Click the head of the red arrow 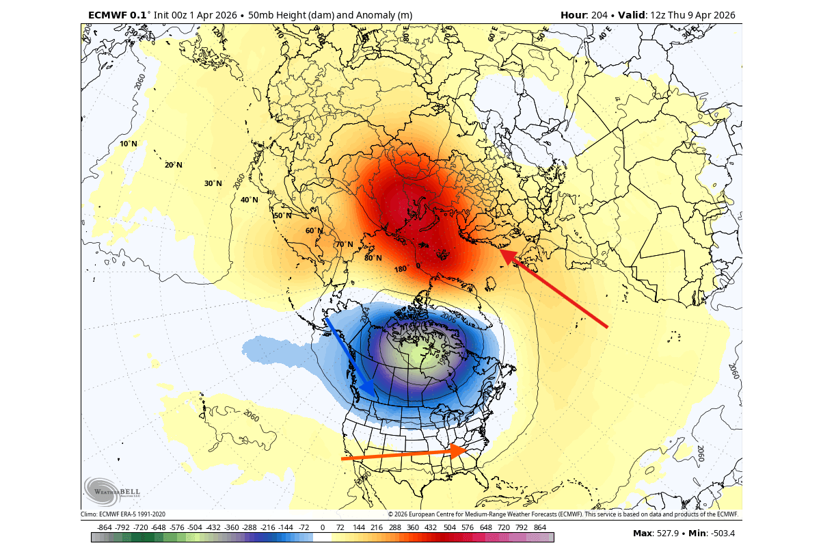tap(502, 252)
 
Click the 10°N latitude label tap(128, 144)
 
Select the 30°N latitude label tap(213, 183)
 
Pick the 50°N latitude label tap(282, 215)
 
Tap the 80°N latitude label tap(373, 258)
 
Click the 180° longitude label tap(401, 269)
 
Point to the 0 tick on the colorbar tap(322, 528)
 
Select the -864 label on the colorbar tap(105, 528)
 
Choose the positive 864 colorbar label tap(539, 528)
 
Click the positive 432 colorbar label tap(431, 528)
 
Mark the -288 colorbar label tap(250, 528)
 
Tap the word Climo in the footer tap(90, 514)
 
